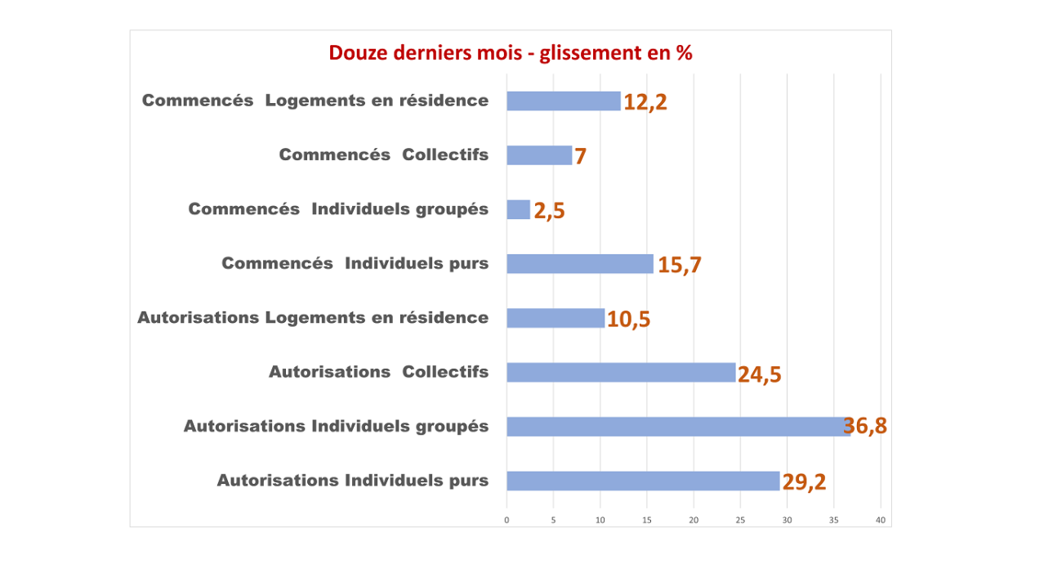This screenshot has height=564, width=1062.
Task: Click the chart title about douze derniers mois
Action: click(x=511, y=53)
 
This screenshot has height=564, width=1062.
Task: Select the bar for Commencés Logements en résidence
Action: click(x=563, y=101)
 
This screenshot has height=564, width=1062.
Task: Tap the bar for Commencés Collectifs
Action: click(x=539, y=155)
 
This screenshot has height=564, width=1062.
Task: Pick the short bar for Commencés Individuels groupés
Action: click(x=518, y=209)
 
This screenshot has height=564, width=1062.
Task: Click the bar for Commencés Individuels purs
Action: click(x=580, y=263)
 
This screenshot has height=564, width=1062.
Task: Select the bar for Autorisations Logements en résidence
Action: click(x=556, y=318)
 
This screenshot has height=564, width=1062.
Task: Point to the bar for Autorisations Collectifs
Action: click(x=621, y=372)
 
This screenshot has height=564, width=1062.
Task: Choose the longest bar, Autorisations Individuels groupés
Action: click(x=678, y=426)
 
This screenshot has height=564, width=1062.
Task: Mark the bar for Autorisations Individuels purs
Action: click(x=643, y=481)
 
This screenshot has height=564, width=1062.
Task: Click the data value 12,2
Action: click(x=645, y=102)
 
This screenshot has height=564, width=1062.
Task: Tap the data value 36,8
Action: click(x=866, y=426)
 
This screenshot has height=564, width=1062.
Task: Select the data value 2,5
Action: click(x=549, y=211)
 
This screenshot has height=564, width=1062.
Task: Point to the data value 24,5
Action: click(x=760, y=374)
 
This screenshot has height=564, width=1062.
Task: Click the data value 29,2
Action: click(x=805, y=482)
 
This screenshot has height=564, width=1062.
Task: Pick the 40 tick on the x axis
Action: click(x=881, y=520)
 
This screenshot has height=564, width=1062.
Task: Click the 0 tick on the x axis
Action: click(x=506, y=520)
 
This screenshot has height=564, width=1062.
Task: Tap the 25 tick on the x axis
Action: click(x=740, y=520)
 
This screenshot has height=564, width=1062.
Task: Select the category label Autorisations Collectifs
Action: click(x=378, y=372)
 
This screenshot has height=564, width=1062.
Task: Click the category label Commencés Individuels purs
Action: click(x=355, y=263)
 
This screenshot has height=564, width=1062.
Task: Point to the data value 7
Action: click(x=580, y=156)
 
